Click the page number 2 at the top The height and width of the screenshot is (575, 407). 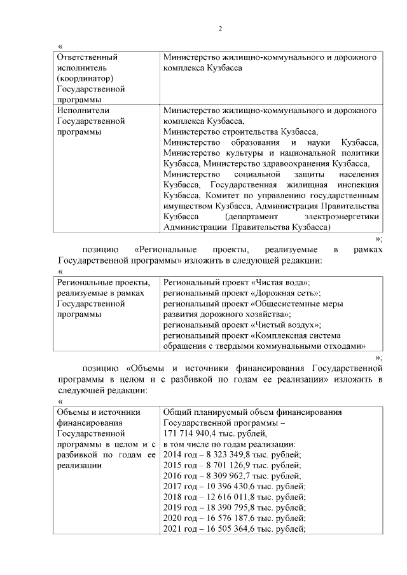[219, 28]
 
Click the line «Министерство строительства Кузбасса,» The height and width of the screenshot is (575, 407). [240, 132]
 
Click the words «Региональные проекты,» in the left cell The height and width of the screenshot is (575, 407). [103, 282]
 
